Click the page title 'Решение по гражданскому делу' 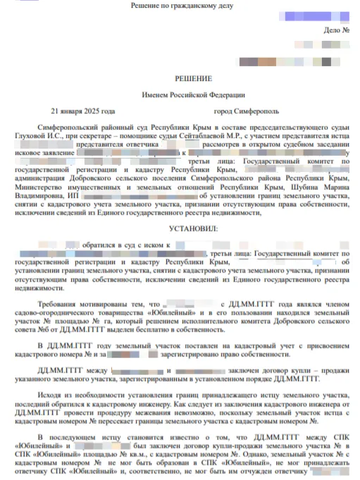tap(180, 6)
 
